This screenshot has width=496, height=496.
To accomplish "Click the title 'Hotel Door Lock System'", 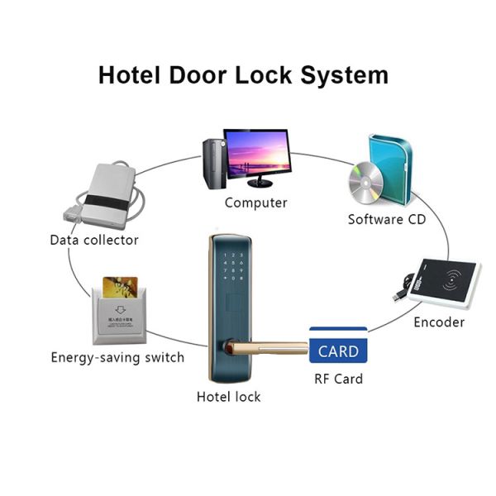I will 243,75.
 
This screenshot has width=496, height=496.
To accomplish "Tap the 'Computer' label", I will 255,203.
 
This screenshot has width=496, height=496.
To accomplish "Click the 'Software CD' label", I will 387,220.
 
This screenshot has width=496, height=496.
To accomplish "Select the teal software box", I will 390,169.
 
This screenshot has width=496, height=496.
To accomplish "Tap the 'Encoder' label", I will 439,322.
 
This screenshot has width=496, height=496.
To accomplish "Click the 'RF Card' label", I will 338,379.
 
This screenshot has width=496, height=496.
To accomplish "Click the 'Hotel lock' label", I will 228,397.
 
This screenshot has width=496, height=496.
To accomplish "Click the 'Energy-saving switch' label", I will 117,358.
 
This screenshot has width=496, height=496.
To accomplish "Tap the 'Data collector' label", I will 94,240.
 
